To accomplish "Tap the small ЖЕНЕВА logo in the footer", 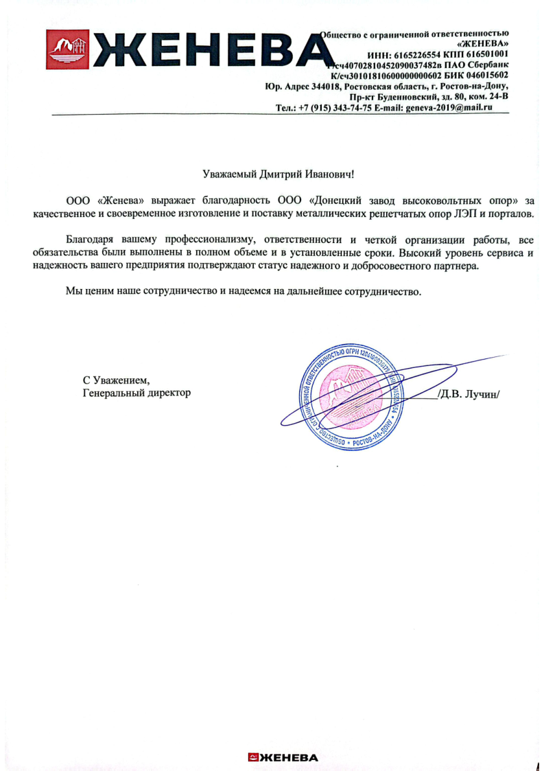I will coord(283,757).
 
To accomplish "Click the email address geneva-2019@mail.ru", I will coord(449,108).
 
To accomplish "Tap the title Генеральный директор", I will coord(136,393).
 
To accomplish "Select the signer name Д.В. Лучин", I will coord(470,393).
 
